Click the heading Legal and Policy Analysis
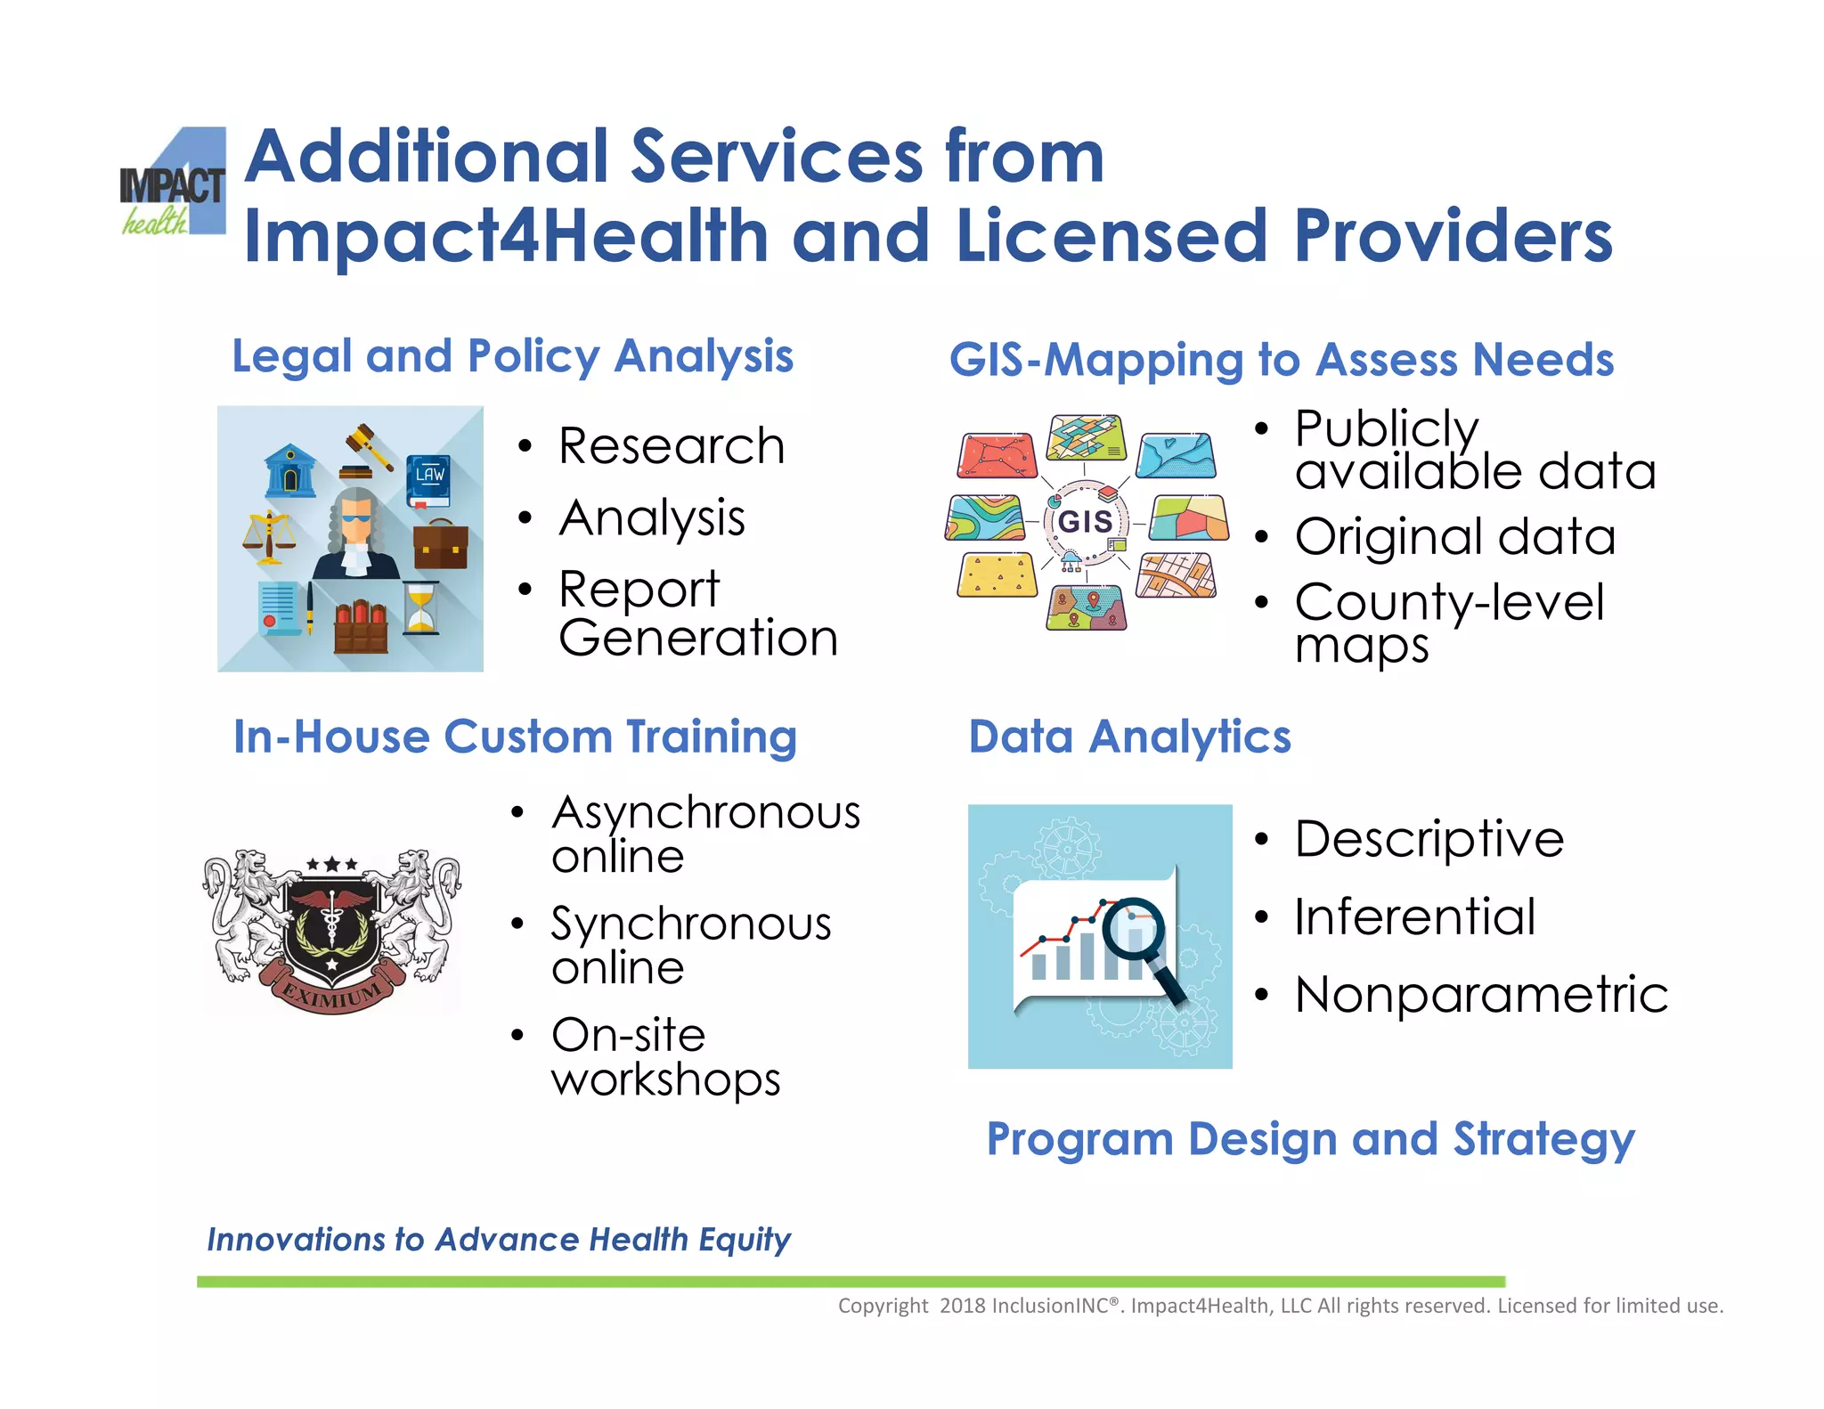512,357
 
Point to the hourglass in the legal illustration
421,608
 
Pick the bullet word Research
672,446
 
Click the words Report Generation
697,614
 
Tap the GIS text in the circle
1085,521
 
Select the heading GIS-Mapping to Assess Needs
1281,361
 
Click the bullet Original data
1454,537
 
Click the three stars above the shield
332,864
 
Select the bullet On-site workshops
664,1057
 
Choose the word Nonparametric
1481,995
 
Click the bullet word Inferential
1414,917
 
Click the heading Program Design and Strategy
1310,1139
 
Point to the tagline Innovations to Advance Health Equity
499,1240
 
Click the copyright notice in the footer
1280,1306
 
